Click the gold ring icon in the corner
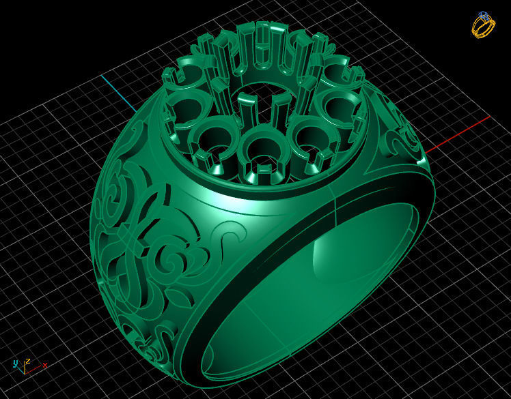tap(483, 25)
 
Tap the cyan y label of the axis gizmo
tap(15, 363)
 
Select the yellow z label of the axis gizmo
tap(27, 361)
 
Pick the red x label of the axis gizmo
tap(45, 366)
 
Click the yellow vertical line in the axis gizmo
tap(25, 369)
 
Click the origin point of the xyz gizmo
tap(25, 373)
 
